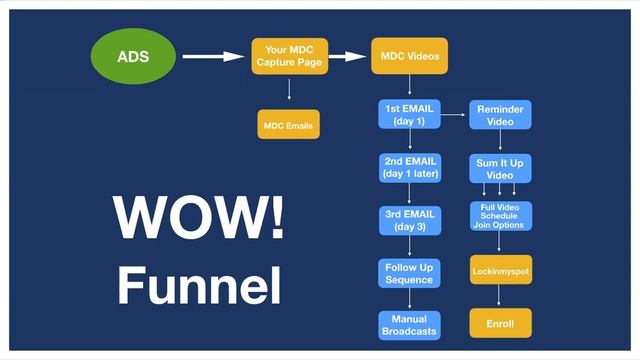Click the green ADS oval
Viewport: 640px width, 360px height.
click(133, 56)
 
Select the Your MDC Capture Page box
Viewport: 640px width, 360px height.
click(288, 56)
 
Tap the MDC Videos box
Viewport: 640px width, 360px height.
click(409, 56)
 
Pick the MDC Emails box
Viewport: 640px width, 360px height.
click(288, 125)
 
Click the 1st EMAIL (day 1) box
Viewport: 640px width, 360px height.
click(409, 115)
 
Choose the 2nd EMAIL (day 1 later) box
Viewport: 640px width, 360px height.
click(409, 167)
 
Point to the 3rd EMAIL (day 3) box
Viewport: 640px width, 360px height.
click(409, 219)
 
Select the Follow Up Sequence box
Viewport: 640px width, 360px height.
click(409, 272)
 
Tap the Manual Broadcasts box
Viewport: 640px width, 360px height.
click(409, 325)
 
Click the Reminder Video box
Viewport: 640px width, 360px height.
click(500, 115)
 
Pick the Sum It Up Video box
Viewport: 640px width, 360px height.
click(500, 167)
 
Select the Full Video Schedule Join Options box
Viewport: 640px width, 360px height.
click(500, 216)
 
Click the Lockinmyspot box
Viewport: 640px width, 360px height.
click(500, 271)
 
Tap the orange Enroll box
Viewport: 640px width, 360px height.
click(500, 324)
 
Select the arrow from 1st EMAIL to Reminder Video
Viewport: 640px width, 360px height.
click(454, 116)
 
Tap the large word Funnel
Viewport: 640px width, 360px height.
click(198, 284)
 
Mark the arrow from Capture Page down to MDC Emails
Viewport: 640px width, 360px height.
click(289, 91)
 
